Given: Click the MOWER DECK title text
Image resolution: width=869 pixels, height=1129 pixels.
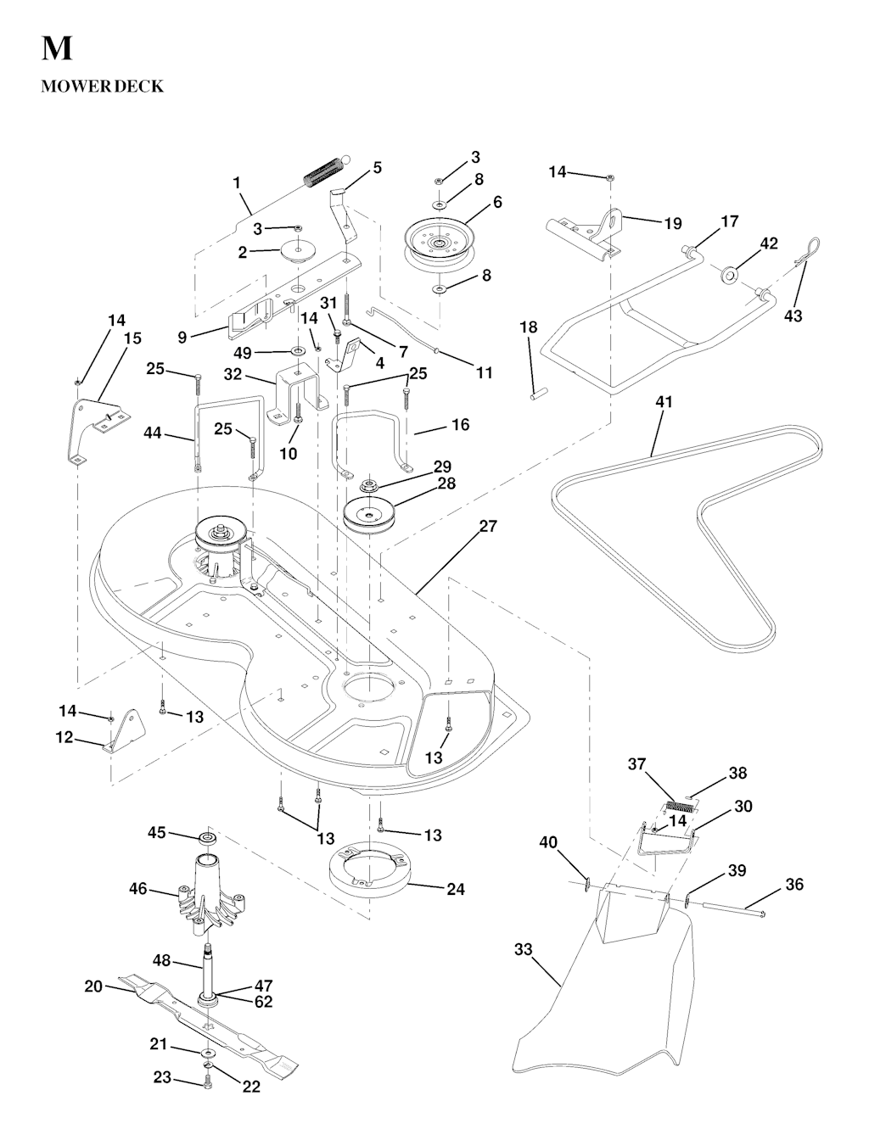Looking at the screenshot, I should pos(102,87).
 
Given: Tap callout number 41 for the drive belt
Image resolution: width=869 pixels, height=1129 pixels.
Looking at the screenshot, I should pos(664,402).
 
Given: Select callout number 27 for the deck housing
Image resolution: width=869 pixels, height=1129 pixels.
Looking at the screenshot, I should pos(488,527).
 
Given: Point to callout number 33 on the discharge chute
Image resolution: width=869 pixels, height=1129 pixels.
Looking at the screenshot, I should pos(523,949).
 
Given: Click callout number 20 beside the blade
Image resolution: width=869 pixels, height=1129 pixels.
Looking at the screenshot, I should pos(93,986).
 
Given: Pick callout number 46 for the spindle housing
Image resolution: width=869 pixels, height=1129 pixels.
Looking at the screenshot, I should pos(138,889).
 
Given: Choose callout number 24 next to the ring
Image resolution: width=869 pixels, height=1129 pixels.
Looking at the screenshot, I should pos(456,890).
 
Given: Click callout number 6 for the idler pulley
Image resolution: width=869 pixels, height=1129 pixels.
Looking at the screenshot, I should pos(497,202).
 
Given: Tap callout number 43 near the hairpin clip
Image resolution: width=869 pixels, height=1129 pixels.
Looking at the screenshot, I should pos(793,316).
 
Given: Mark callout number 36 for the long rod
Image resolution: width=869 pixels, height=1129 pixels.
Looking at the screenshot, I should pos(794,884).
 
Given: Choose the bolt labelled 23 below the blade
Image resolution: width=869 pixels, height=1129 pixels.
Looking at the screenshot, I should pos(207,1081).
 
